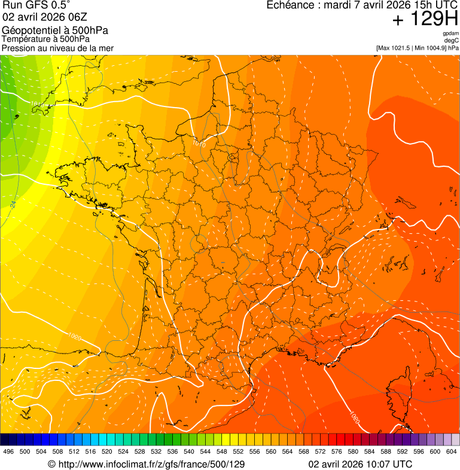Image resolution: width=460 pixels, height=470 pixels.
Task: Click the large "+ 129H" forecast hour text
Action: [424, 19]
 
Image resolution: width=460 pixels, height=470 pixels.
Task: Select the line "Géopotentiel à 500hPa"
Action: [55, 30]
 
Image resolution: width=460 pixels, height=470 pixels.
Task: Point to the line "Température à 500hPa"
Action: [46, 39]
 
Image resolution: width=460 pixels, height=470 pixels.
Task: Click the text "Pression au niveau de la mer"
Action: [57, 48]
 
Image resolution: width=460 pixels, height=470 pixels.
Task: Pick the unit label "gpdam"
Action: [450, 33]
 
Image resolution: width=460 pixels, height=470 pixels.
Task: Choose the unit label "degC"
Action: [452, 40]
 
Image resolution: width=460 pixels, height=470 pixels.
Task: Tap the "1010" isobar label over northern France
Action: [199, 144]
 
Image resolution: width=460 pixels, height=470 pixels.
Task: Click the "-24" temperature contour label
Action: [13, 205]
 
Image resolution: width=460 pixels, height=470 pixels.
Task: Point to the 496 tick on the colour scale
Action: [8, 451]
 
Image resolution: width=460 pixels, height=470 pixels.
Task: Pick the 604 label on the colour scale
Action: [451, 451]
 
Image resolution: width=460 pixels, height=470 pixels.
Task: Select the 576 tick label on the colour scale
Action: [336, 451]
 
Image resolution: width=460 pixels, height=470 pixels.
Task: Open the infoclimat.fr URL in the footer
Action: [146, 464]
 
